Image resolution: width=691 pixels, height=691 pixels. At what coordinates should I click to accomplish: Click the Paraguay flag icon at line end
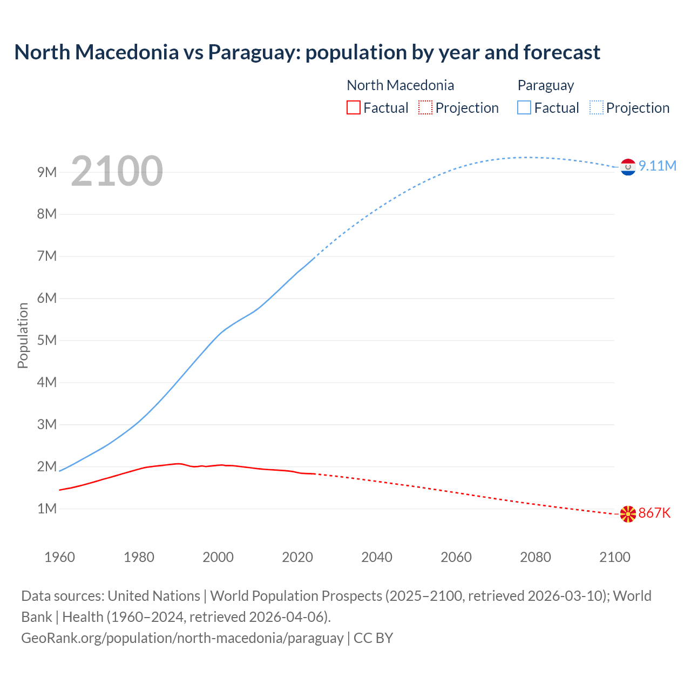pos(628,167)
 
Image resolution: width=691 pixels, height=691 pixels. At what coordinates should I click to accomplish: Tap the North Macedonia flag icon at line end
pos(628,514)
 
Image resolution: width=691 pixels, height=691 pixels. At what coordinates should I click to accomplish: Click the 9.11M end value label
pos(657,166)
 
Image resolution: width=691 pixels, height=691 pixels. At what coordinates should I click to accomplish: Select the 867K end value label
pos(654,513)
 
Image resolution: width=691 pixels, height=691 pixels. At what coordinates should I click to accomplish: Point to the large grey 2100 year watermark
pos(117,171)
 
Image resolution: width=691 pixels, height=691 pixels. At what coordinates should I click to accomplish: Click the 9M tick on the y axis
pos(47,172)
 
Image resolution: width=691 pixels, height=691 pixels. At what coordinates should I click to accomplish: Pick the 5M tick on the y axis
pos(47,340)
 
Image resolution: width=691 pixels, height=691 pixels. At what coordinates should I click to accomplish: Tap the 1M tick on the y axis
pos(47,509)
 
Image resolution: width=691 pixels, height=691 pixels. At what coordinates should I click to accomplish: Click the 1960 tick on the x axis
pos(59,557)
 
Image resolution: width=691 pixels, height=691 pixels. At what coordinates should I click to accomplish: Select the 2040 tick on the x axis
pos(377,557)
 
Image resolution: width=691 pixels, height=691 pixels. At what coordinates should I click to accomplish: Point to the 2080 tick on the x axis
pos(536,557)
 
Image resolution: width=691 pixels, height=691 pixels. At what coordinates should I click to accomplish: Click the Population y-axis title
pos(23,335)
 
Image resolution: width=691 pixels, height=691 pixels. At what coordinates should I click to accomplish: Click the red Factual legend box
pos(353,107)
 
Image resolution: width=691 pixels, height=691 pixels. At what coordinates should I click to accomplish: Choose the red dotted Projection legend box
pos(425,107)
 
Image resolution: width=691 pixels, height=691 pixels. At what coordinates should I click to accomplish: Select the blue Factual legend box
pos(524,107)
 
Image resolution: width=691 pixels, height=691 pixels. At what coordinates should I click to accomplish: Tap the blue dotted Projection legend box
pos(597,107)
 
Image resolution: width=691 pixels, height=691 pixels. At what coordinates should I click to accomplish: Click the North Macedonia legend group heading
pos(400,85)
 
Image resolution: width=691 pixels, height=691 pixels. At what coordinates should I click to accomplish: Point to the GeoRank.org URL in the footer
pos(182,638)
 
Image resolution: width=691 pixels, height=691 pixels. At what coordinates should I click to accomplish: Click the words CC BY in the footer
pos(374,638)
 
